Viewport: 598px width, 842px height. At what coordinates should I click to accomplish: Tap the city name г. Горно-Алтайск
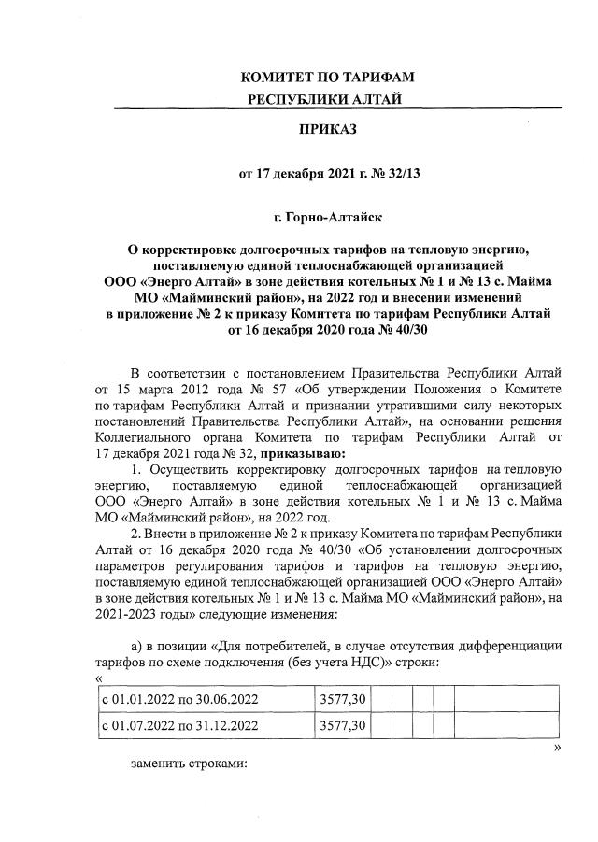point(327,218)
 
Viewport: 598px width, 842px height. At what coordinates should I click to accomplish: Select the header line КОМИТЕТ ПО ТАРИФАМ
point(327,77)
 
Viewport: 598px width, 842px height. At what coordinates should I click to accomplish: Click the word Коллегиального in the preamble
point(140,440)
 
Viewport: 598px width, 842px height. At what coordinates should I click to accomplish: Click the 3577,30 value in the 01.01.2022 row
point(343,698)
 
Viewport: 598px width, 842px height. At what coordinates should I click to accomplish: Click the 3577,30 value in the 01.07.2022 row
point(343,725)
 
